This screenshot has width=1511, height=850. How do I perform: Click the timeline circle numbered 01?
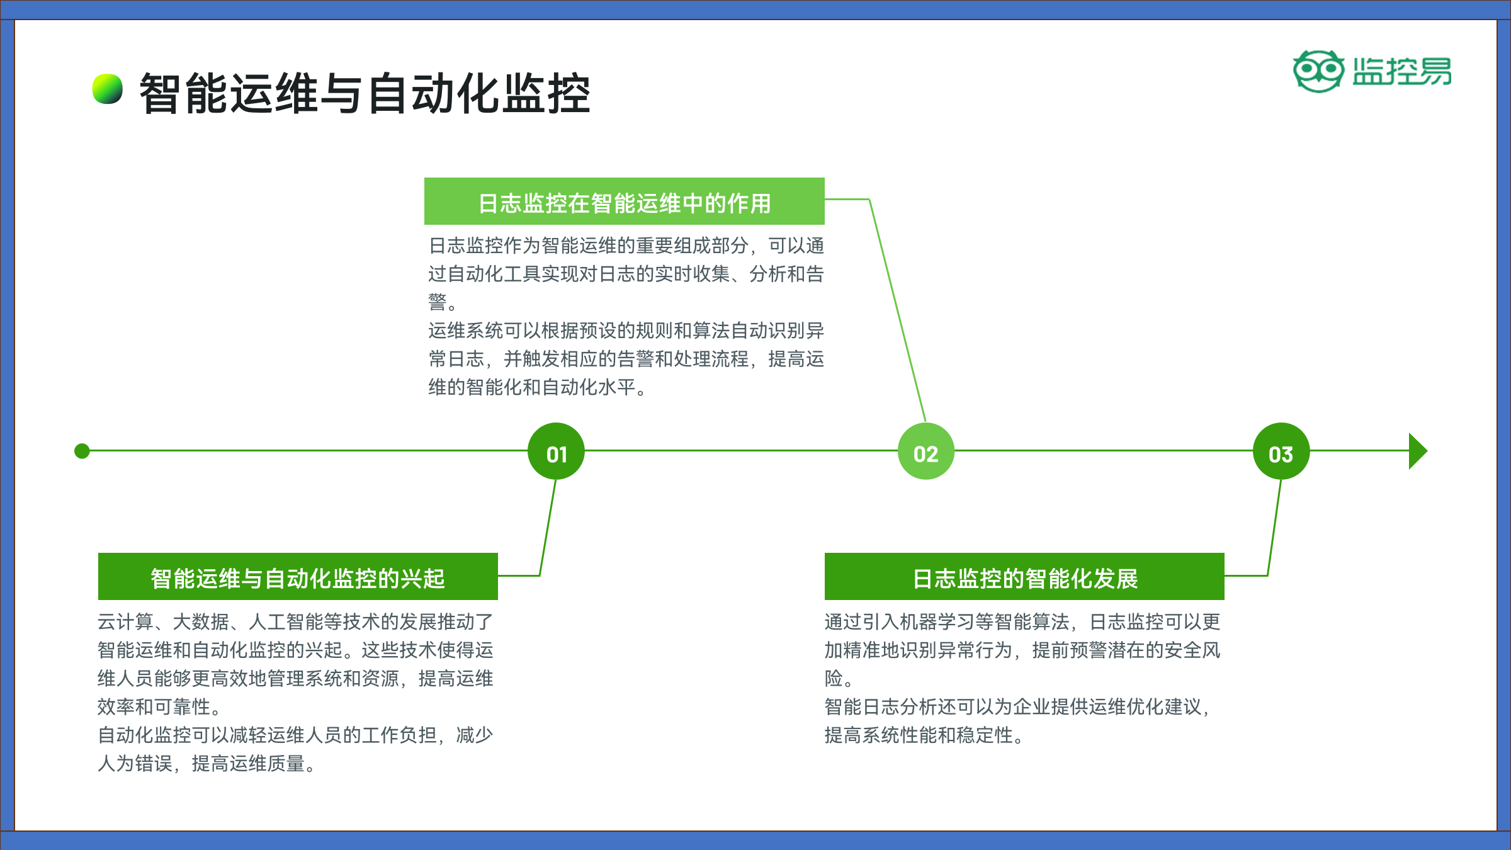coord(556,451)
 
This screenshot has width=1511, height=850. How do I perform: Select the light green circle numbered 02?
coord(926,451)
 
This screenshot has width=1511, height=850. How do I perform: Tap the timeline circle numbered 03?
coord(1281,451)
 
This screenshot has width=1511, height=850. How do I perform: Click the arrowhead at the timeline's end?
coord(1418,451)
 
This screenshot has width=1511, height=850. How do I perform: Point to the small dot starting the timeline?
coord(82,451)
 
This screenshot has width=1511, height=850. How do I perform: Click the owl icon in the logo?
coord(1318,71)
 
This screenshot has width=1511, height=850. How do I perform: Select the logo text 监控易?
coord(1402,71)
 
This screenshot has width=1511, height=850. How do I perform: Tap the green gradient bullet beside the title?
coord(108,89)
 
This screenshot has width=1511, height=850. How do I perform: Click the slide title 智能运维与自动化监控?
coord(365,93)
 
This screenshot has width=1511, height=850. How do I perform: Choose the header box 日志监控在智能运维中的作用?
coord(625,201)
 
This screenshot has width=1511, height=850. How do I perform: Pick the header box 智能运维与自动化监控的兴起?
coord(298,577)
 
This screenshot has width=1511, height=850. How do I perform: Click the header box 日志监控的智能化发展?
coord(1024,577)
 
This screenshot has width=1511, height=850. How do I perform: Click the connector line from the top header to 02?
coord(897,309)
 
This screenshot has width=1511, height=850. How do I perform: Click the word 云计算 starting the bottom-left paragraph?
coord(126,622)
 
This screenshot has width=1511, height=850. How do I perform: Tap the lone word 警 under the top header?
coord(438,302)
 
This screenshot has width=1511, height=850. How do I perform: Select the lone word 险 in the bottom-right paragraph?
coord(834,679)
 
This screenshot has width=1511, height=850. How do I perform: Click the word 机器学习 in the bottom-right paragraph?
coord(938,622)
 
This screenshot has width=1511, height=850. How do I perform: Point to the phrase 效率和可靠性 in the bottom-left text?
coord(154,707)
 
